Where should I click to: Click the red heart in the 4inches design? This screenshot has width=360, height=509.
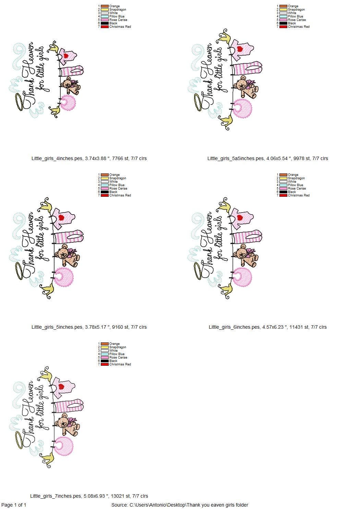(66, 56)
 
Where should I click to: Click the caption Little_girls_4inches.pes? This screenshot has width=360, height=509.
(57, 158)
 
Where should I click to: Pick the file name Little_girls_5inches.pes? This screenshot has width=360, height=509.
(57, 327)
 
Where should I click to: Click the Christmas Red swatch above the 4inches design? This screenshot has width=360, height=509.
(105, 27)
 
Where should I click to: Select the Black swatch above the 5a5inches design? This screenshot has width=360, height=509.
(283, 23)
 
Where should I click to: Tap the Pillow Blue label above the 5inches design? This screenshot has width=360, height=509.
(117, 185)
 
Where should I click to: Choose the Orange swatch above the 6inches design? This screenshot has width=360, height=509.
(283, 175)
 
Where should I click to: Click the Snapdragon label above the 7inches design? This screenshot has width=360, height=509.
(118, 347)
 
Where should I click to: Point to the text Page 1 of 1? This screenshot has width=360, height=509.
(14, 505)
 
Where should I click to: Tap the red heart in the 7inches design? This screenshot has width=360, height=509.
(61, 387)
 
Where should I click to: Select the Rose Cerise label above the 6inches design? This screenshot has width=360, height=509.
(297, 189)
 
